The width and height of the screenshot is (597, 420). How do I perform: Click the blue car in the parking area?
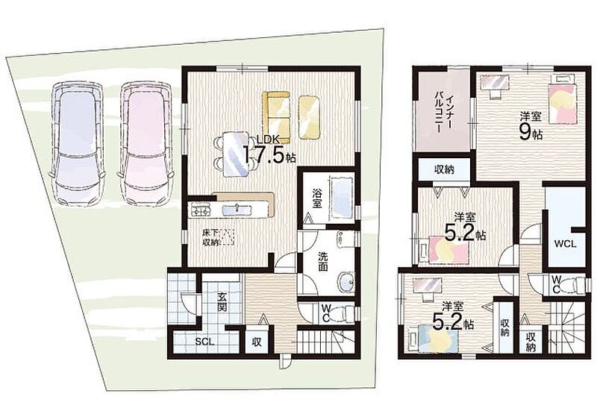[x=77, y=144]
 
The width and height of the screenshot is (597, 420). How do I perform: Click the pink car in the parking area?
[x=146, y=144]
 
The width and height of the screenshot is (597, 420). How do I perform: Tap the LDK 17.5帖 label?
[x=268, y=150]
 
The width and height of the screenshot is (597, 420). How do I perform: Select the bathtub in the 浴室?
[x=343, y=198]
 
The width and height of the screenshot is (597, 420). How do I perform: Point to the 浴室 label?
[x=316, y=198]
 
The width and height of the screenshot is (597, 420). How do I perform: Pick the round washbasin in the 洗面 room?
[x=346, y=282]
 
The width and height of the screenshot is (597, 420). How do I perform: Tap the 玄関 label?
[x=222, y=301]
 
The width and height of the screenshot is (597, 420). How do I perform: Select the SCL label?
[x=204, y=342]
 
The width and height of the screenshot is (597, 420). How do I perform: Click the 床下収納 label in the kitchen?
[x=210, y=237]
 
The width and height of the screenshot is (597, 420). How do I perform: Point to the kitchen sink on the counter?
[x=237, y=210]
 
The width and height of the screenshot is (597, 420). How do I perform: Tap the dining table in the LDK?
[x=235, y=154]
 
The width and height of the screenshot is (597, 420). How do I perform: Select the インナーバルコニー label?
[x=443, y=109]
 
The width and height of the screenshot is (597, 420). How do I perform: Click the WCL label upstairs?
[x=565, y=244]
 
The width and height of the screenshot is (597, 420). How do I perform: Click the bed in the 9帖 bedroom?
[x=562, y=100]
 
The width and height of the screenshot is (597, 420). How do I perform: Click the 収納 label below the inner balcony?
[x=444, y=169]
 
